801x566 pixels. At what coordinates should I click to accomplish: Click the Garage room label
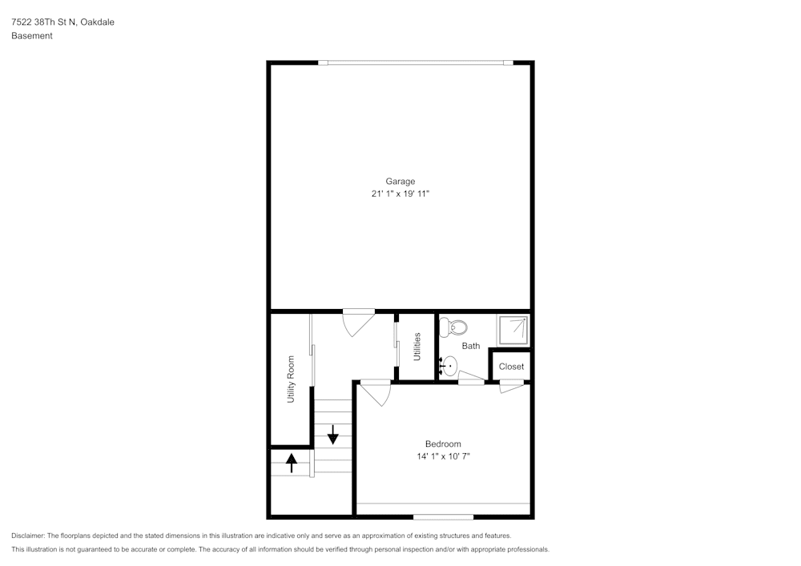[x=400, y=181]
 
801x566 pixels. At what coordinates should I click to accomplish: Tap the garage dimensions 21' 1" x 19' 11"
[x=400, y=194]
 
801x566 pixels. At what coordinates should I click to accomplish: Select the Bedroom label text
[x=442, y=444]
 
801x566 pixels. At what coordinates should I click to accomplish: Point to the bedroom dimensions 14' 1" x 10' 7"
[x=442, y=456]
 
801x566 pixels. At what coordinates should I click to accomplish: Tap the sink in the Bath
[x=449, y=367]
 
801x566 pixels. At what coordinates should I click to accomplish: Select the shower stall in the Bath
[x=513, y=330]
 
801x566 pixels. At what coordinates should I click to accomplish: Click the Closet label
[x=511, y=367]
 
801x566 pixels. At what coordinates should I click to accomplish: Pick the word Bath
[x=471, y=346]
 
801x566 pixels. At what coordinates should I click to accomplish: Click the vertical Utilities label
[x=417, y=347]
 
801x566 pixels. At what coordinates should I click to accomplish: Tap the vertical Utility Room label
[x=291, y=379]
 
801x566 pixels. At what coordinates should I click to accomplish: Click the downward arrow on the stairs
[x=332, y=437]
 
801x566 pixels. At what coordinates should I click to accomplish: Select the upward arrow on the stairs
[x=292, y=463]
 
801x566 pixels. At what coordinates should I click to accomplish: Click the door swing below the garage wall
[x=357, y=323]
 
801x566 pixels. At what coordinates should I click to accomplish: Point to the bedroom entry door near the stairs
[x=374, y=392]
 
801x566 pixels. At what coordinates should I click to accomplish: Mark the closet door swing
[x=511, y=387]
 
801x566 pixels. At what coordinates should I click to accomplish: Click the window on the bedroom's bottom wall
[x=443, y=516]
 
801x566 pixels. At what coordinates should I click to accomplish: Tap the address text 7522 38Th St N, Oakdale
[x=62, y=22]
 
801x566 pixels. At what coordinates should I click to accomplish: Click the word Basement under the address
[x=32, y=36]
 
